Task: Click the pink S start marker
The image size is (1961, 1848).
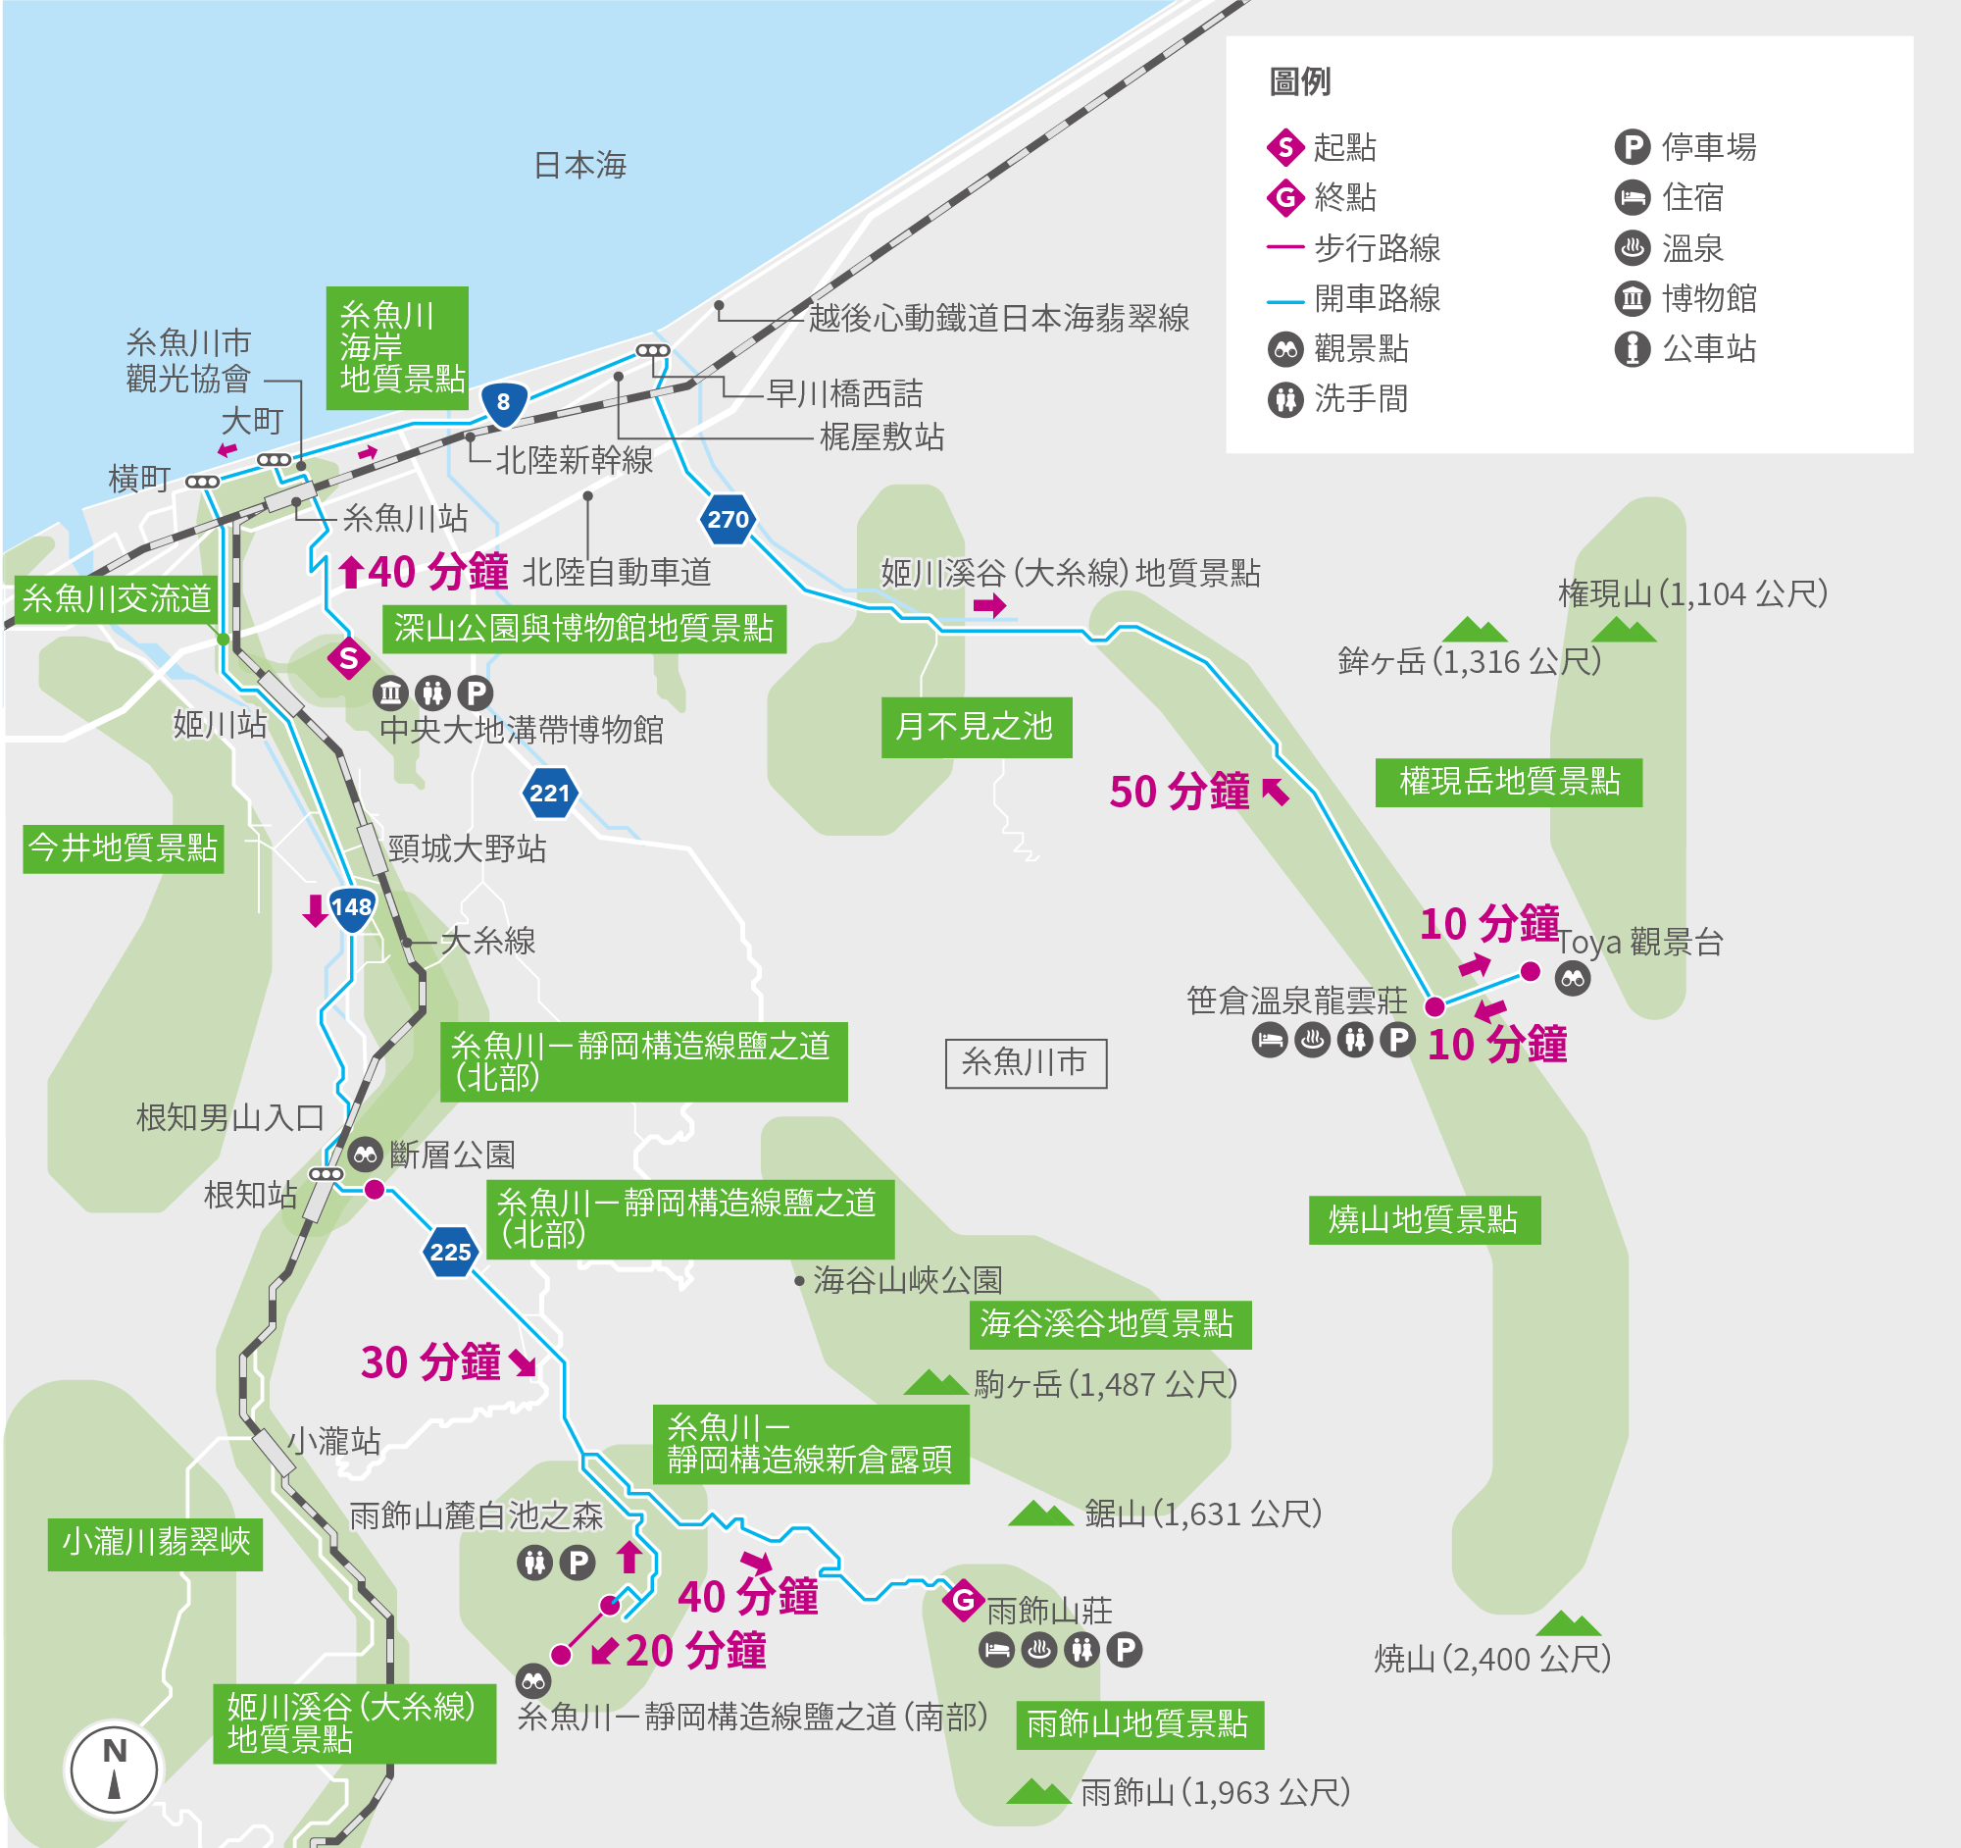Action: [348, 658]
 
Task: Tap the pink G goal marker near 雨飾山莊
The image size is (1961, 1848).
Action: [963, 1600]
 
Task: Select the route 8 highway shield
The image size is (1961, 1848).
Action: [504, 402]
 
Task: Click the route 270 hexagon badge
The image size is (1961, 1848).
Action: [728, 520]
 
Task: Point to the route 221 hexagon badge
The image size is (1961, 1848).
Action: [549, 794]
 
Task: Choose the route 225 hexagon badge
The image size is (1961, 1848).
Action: [451, 1252]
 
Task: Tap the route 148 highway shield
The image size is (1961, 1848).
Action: [351, 908]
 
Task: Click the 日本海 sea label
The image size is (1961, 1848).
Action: [580, 165]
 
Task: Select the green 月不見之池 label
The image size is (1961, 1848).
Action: [976, 727]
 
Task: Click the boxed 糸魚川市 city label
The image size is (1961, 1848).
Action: [1025, 1062]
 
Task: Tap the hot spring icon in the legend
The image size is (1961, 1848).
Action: [1633, 247]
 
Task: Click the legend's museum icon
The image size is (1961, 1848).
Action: [1633, 298]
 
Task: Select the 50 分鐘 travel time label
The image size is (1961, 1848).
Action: [1180, 793]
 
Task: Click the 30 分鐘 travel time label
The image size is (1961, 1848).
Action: [431, 1362]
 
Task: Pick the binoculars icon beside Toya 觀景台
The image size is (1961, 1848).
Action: [1573, 979]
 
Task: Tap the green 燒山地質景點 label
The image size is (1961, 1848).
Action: [1424, 1220]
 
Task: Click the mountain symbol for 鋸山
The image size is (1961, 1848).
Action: [1039, 1514]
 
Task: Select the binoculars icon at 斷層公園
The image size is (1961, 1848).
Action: [365, 1154]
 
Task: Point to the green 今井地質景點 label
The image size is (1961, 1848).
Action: [124, 848]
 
